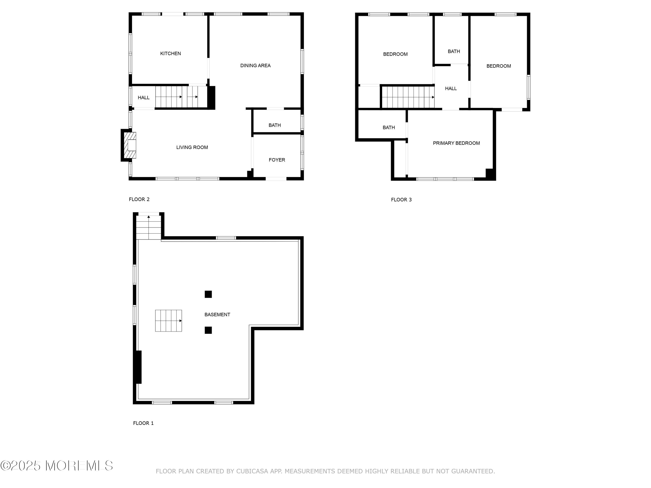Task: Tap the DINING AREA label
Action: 255,66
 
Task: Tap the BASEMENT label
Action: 217,315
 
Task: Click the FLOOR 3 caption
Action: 401,200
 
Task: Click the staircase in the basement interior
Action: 169,321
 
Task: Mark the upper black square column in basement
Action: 208,294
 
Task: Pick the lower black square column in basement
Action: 208,330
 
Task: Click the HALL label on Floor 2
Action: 144,98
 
